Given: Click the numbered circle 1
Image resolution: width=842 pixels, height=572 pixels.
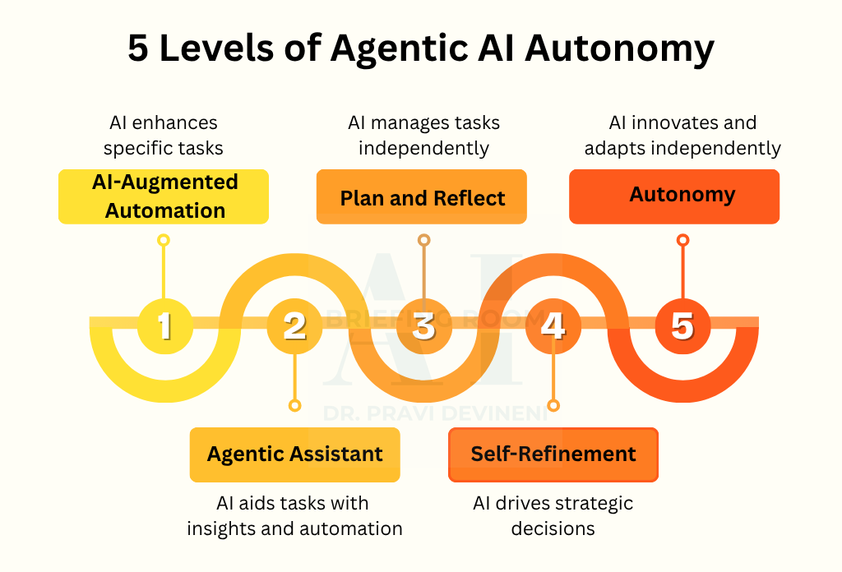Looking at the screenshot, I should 164,325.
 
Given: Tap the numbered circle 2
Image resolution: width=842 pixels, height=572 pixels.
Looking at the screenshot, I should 294,325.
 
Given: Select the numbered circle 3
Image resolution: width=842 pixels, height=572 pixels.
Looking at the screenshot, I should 423,325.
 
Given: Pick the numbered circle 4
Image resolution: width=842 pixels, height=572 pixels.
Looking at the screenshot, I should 553,325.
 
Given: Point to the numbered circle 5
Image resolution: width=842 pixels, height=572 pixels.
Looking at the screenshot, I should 682,325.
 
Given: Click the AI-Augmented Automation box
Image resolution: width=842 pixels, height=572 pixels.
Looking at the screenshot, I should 164,196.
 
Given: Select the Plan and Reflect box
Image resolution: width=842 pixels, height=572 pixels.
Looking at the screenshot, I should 422,197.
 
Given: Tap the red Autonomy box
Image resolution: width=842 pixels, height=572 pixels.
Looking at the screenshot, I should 674,196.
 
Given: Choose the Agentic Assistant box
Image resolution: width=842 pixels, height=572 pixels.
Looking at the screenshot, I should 295,454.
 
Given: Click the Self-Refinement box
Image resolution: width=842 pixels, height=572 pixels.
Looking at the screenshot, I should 553,454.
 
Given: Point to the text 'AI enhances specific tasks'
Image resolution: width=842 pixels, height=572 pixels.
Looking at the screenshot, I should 164,136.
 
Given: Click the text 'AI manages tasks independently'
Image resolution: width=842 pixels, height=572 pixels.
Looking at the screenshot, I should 423,136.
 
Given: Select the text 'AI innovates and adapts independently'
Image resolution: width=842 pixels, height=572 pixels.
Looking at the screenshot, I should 682,136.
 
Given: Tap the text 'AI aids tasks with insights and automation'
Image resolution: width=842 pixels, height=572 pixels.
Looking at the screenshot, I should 295,515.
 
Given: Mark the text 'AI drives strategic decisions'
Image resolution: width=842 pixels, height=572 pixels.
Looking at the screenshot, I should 553,515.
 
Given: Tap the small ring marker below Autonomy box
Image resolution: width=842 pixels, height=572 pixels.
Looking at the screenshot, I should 682,240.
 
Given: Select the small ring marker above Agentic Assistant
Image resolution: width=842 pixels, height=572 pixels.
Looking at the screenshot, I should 294,405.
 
